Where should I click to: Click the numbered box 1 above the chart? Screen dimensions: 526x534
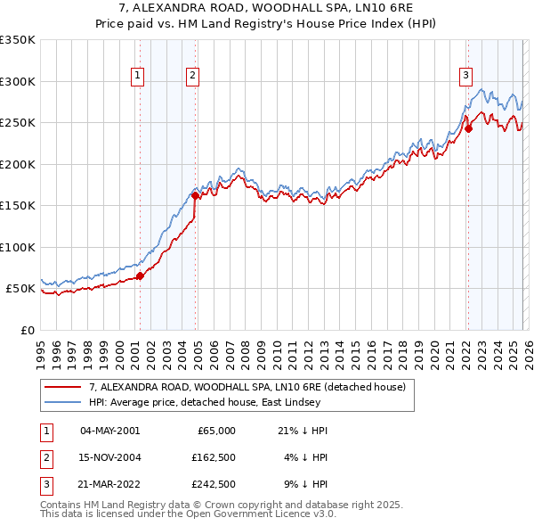point(139,78)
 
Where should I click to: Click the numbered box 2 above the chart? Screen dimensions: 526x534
point(192,78)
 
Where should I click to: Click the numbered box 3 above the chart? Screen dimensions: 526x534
point(465,78)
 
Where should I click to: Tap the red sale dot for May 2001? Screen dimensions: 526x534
point(140,275)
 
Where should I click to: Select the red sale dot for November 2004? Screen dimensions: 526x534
point(195,195)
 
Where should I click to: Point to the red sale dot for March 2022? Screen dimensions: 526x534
point(468,128)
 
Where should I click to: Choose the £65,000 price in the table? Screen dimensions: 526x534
point(214,431)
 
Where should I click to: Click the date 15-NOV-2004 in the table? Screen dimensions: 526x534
point(109,457)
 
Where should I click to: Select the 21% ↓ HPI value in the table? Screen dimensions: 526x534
point(303,431)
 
